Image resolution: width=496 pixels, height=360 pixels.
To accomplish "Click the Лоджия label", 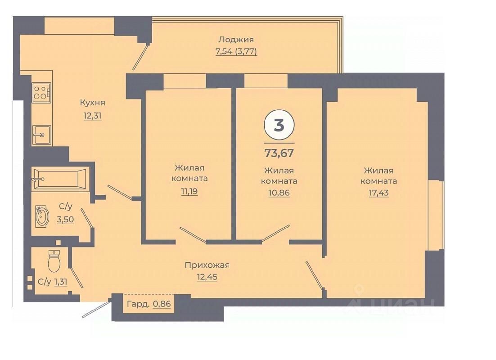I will click(x=236, y=40).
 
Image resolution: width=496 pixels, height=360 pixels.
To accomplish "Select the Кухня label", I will click(x=92, y=103).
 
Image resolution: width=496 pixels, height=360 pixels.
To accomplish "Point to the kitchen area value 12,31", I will click(x=92, y=116).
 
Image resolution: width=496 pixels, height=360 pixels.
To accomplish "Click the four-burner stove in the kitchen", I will click(x=41, y=93).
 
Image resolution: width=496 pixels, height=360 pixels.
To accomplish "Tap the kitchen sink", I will click(x=41, y=134).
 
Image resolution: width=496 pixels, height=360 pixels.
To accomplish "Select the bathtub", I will click(x=60, y=179).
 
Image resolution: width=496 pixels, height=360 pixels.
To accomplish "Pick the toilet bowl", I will click(x=54, y=261).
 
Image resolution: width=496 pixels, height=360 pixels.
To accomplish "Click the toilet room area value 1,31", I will click(x=61, y=282).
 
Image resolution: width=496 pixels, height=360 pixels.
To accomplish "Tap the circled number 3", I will click(x=279, y=125).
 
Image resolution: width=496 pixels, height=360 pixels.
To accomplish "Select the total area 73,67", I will click(x=279, y=153).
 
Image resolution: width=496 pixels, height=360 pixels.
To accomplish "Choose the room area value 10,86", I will click(x=279, y=193).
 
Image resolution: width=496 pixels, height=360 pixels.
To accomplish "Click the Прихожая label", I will click(x=207, y=265).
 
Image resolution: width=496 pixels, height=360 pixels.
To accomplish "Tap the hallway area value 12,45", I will click(x=207, y=277).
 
